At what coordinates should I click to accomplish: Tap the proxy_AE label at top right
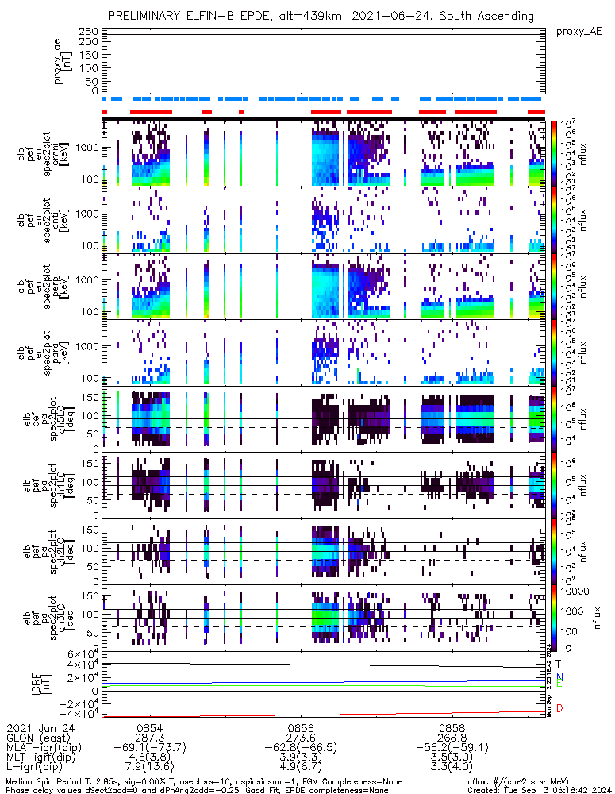click(578, 31)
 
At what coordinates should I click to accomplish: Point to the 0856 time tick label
click(301, 727)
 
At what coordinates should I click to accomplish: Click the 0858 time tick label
click(452, 727)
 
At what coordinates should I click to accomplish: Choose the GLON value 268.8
click(452, 738)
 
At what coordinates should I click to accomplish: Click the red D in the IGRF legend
click(559, 708)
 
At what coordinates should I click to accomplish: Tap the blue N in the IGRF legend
click(559, 676)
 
